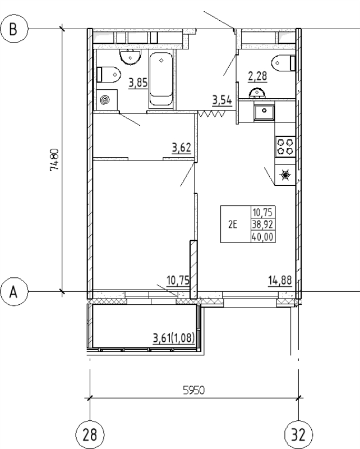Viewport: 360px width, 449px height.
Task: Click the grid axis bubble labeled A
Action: [x=17, y=292]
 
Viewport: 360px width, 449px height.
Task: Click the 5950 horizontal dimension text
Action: [x=193, y=391]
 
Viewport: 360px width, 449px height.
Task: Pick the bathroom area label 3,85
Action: [x=137, y=84]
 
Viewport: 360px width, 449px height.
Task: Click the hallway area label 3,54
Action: [x=222, y=101]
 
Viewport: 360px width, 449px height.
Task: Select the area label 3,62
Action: [x=182, y=149]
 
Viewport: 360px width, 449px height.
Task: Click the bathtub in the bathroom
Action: [x=162, y=79]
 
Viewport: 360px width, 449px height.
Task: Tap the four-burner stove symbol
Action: [x=285, y=146]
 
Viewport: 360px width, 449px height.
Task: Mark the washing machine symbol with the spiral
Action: [x=105, y=100]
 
